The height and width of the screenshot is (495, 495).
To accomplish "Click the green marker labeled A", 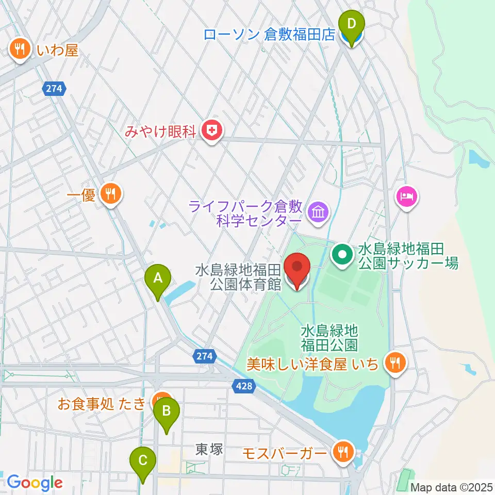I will (158, 279).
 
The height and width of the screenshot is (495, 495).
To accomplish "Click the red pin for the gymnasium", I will (298, 269).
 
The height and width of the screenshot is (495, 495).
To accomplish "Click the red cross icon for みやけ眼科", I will (211, 131).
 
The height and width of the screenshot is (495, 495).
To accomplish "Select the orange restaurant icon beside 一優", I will (110, 194).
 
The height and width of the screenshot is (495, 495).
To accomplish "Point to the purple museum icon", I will (317, 212).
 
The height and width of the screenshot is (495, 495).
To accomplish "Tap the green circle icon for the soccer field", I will (342, 253).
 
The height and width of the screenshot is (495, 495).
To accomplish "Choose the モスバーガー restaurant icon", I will (341, 452).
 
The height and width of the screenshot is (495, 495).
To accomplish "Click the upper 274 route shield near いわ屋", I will (53, 89).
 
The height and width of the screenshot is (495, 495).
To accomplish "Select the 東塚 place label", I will (209, 450).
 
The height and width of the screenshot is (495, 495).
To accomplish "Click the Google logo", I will (35, 483).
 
